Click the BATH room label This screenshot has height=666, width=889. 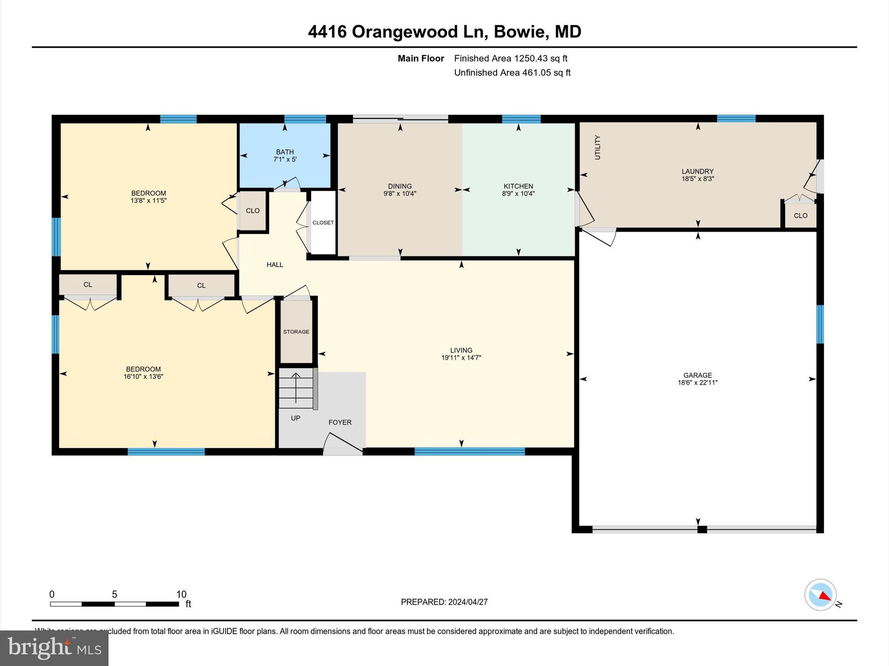pos(285,152)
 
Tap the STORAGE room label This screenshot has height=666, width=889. pos(296,332)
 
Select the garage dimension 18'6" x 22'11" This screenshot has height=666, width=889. pos(698,383)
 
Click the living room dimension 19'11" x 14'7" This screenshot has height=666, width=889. pos(461,358)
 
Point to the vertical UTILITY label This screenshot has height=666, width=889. pos(597,147)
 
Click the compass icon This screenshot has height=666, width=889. pos(820,595)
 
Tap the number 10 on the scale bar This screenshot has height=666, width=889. pos(181,594)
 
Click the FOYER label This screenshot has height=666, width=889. pos(340,422)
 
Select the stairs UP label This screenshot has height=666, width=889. pos(296,418)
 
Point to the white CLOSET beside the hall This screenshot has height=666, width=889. pos(323,222)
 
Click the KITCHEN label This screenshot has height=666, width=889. pos(518,186)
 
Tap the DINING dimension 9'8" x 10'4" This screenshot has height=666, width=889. pos(400,194)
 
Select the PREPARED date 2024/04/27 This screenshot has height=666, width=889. pos(468,602)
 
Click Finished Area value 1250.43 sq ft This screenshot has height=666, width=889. pos(540,58)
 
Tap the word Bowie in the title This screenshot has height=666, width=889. pos(519,32)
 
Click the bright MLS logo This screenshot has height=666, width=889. pos(54,648)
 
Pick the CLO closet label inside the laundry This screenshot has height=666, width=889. pos(800,215)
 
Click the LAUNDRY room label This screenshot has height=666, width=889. pos(698,171)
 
